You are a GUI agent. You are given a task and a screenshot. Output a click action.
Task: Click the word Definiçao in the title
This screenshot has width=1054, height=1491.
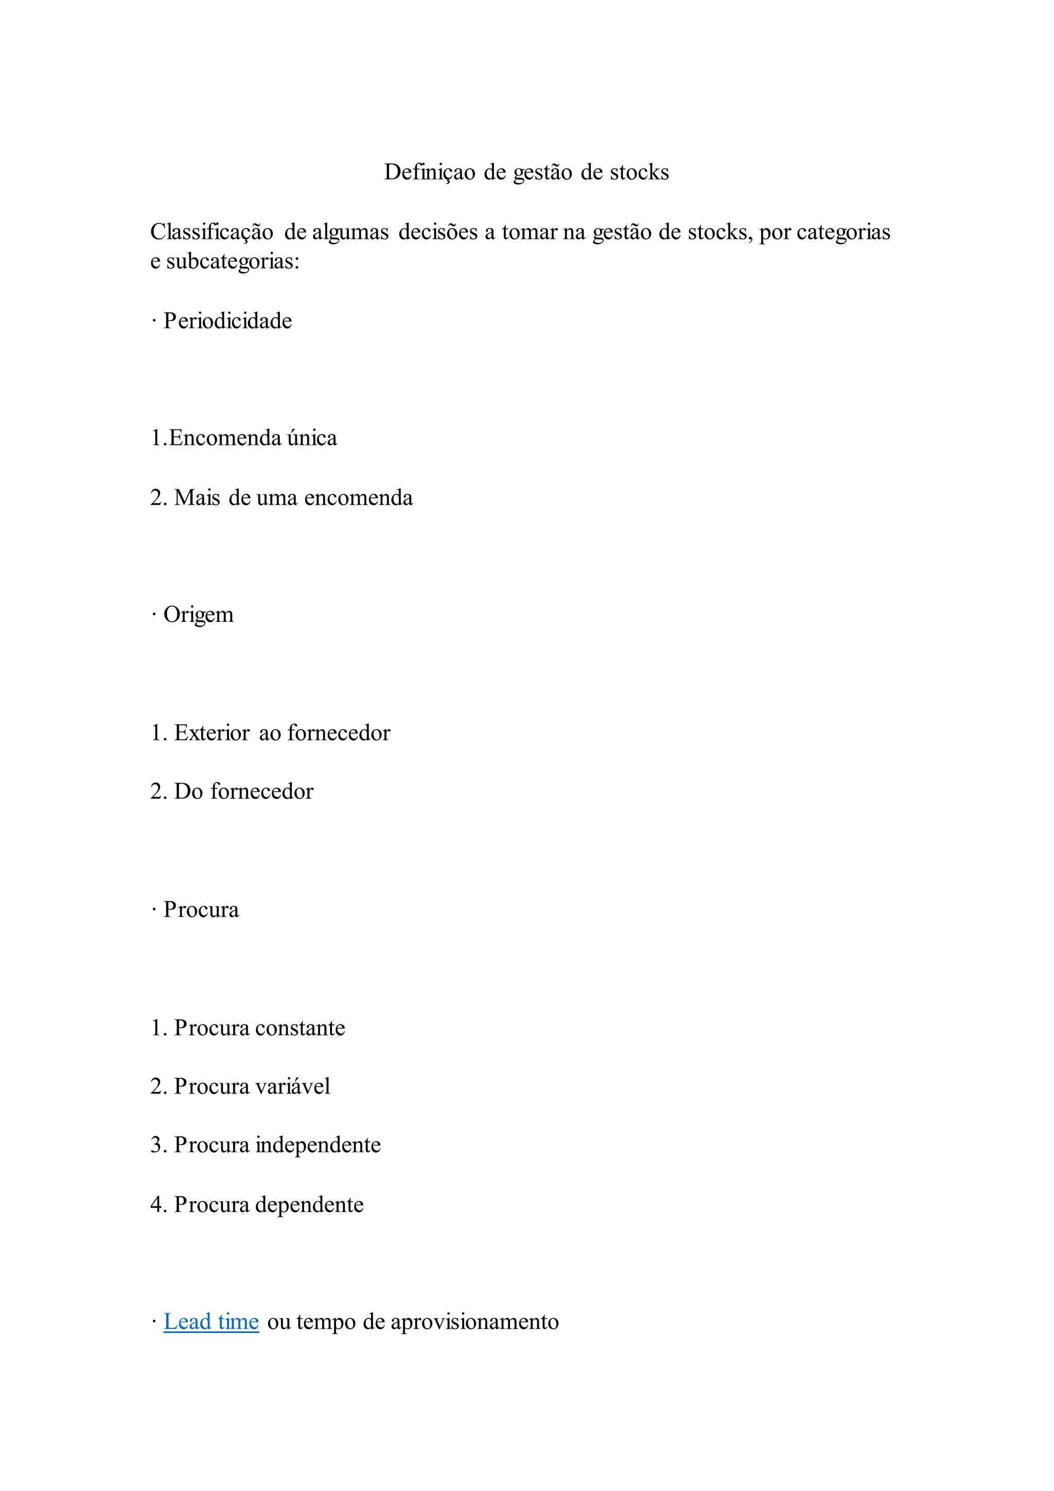point(430,172)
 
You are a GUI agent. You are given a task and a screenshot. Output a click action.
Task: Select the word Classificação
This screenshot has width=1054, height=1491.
point(212,232)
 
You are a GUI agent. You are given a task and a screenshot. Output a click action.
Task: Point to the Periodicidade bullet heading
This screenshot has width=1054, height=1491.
point(227,321)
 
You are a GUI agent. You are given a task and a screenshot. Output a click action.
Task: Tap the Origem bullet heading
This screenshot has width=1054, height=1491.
point(198,614)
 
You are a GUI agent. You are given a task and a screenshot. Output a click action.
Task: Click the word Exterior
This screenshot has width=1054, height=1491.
point(212,733)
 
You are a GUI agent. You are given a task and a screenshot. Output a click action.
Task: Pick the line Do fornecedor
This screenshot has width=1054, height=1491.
point(232,792)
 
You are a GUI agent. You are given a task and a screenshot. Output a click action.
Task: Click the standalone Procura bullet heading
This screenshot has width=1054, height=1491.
point(201,910)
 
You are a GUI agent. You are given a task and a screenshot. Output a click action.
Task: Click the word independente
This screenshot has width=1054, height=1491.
point(318,1145)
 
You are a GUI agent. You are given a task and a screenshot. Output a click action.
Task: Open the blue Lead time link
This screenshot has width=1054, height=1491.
point(211,1322)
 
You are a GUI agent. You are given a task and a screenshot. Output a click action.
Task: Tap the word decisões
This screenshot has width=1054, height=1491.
point(429,232)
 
